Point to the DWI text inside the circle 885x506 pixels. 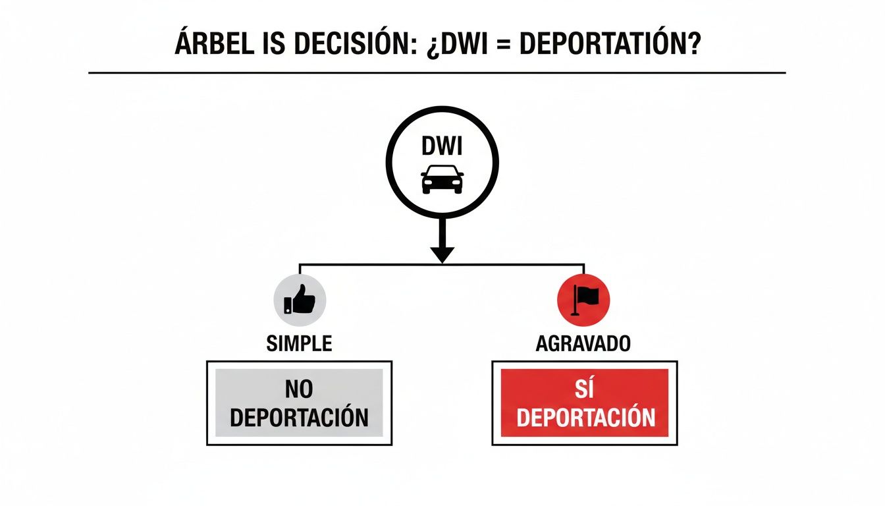coord(442,147)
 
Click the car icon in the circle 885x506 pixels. coord(442,179)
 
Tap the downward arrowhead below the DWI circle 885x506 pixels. coord(442,254)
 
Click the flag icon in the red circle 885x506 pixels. coord(583,300)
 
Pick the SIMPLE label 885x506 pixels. coord(299,343)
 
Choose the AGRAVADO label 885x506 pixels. coord(583,343)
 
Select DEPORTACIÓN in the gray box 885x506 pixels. coord(299,418)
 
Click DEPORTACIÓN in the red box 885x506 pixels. coord(585,418)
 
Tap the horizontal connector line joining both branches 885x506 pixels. coord(369,264)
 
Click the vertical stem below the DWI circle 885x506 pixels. coord(442,231)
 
